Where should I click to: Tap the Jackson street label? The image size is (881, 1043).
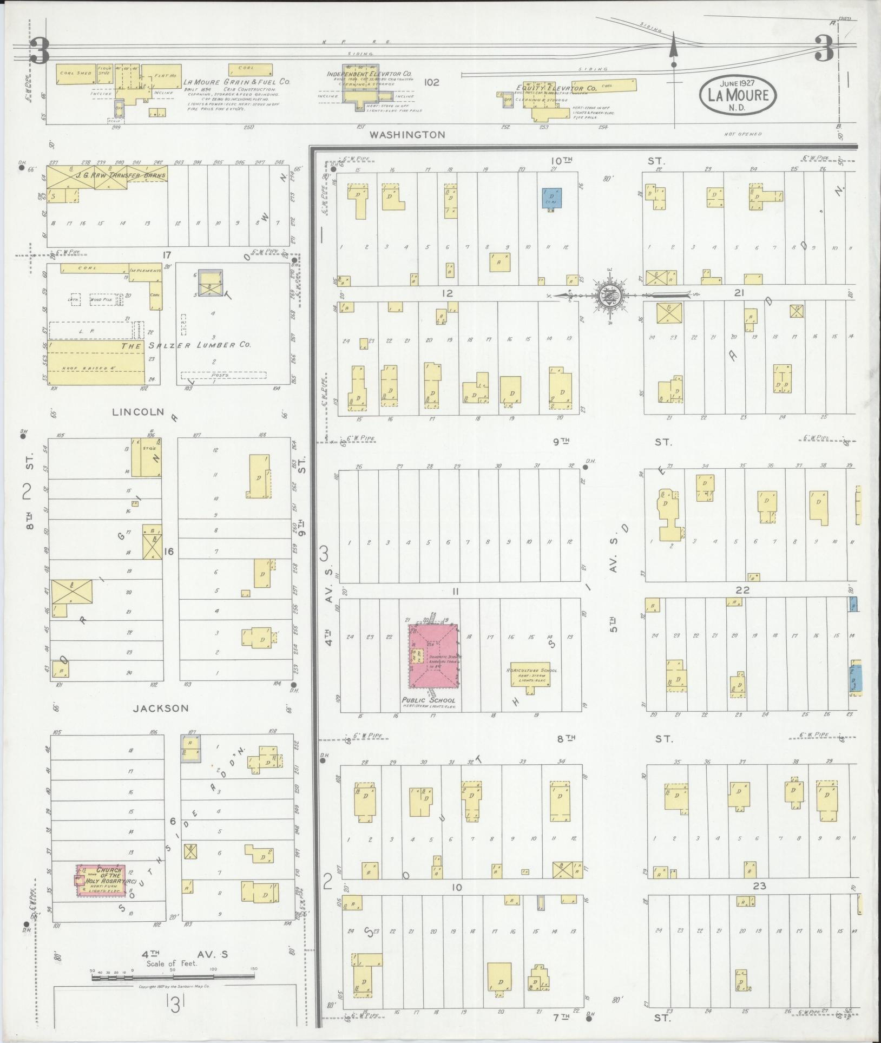[166, 708]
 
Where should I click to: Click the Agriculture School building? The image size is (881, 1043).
[531, 674]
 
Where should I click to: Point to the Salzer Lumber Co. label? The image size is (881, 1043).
[186, 345]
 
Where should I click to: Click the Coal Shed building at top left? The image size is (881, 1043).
[75, 75]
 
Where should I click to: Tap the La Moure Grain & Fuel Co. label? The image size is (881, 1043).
[237, 82]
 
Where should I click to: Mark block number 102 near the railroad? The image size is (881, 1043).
[431, 83]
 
